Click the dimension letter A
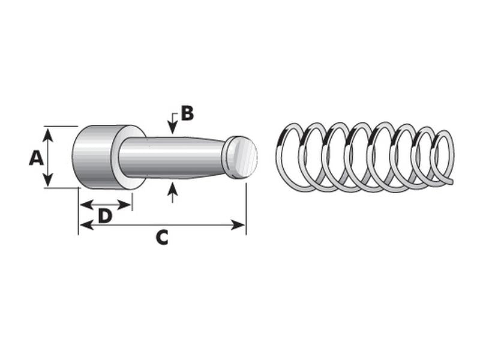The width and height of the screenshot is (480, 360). click(36, 158)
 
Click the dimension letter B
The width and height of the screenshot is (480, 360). click(187, 113)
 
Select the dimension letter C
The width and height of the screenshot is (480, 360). click(161, 238)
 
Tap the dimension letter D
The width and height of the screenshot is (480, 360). click(105, 215)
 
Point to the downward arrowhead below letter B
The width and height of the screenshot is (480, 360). click(173, 128)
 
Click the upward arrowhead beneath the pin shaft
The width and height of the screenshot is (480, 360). click(173, 189)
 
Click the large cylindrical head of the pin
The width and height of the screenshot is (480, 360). click(93, 157)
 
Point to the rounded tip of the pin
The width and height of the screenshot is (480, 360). click(241, 157)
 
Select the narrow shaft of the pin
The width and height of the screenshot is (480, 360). click(174, 157)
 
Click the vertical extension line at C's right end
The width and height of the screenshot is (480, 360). click(246, 204)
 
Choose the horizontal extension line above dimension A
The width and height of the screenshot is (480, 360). click(60, 126)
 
